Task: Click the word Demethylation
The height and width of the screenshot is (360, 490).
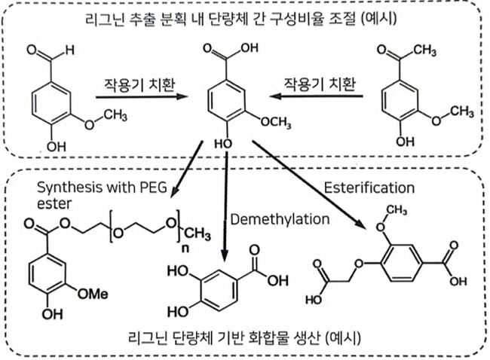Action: click(280, 219)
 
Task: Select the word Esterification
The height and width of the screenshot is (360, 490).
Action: click(369, 188)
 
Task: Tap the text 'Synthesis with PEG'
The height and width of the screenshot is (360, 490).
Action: click(102, 188)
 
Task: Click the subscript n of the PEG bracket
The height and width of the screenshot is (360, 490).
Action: click(185, 249)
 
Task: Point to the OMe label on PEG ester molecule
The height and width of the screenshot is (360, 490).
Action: click(93, 294)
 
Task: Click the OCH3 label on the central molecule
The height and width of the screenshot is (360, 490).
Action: click(276, 122)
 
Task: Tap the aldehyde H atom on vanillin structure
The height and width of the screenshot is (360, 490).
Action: click(69, 50)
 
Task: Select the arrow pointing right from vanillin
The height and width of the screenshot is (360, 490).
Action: click(142, 97)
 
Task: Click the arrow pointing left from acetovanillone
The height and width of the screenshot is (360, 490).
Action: click(317, 96)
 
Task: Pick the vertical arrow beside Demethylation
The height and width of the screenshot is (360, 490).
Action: click(225, 206)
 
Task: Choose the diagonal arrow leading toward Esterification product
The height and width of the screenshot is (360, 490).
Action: click(309, 185)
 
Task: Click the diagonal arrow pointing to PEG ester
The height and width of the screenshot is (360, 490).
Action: click(187, 169)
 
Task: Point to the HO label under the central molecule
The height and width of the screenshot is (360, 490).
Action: click(223, 144)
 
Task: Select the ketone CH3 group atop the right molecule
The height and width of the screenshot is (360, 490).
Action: click(424, 50)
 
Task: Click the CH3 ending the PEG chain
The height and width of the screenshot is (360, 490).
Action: click(198, 234)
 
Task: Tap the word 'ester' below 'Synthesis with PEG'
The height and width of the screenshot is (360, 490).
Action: click(54, 204)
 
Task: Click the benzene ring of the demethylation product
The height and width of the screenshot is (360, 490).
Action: click(219, 290)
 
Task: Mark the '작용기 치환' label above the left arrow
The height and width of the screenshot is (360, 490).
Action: click(139, 84)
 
